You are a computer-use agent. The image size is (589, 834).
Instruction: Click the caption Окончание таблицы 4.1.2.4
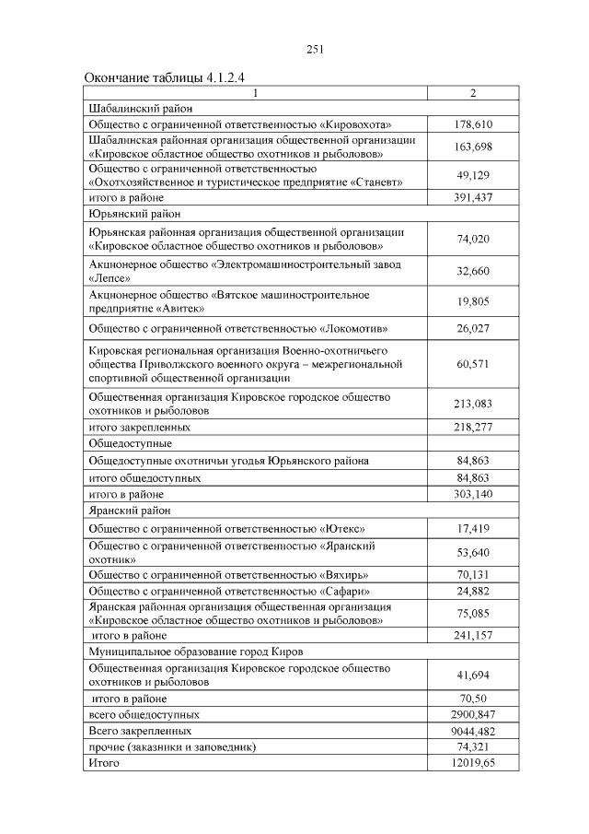click(x=167, y=77)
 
